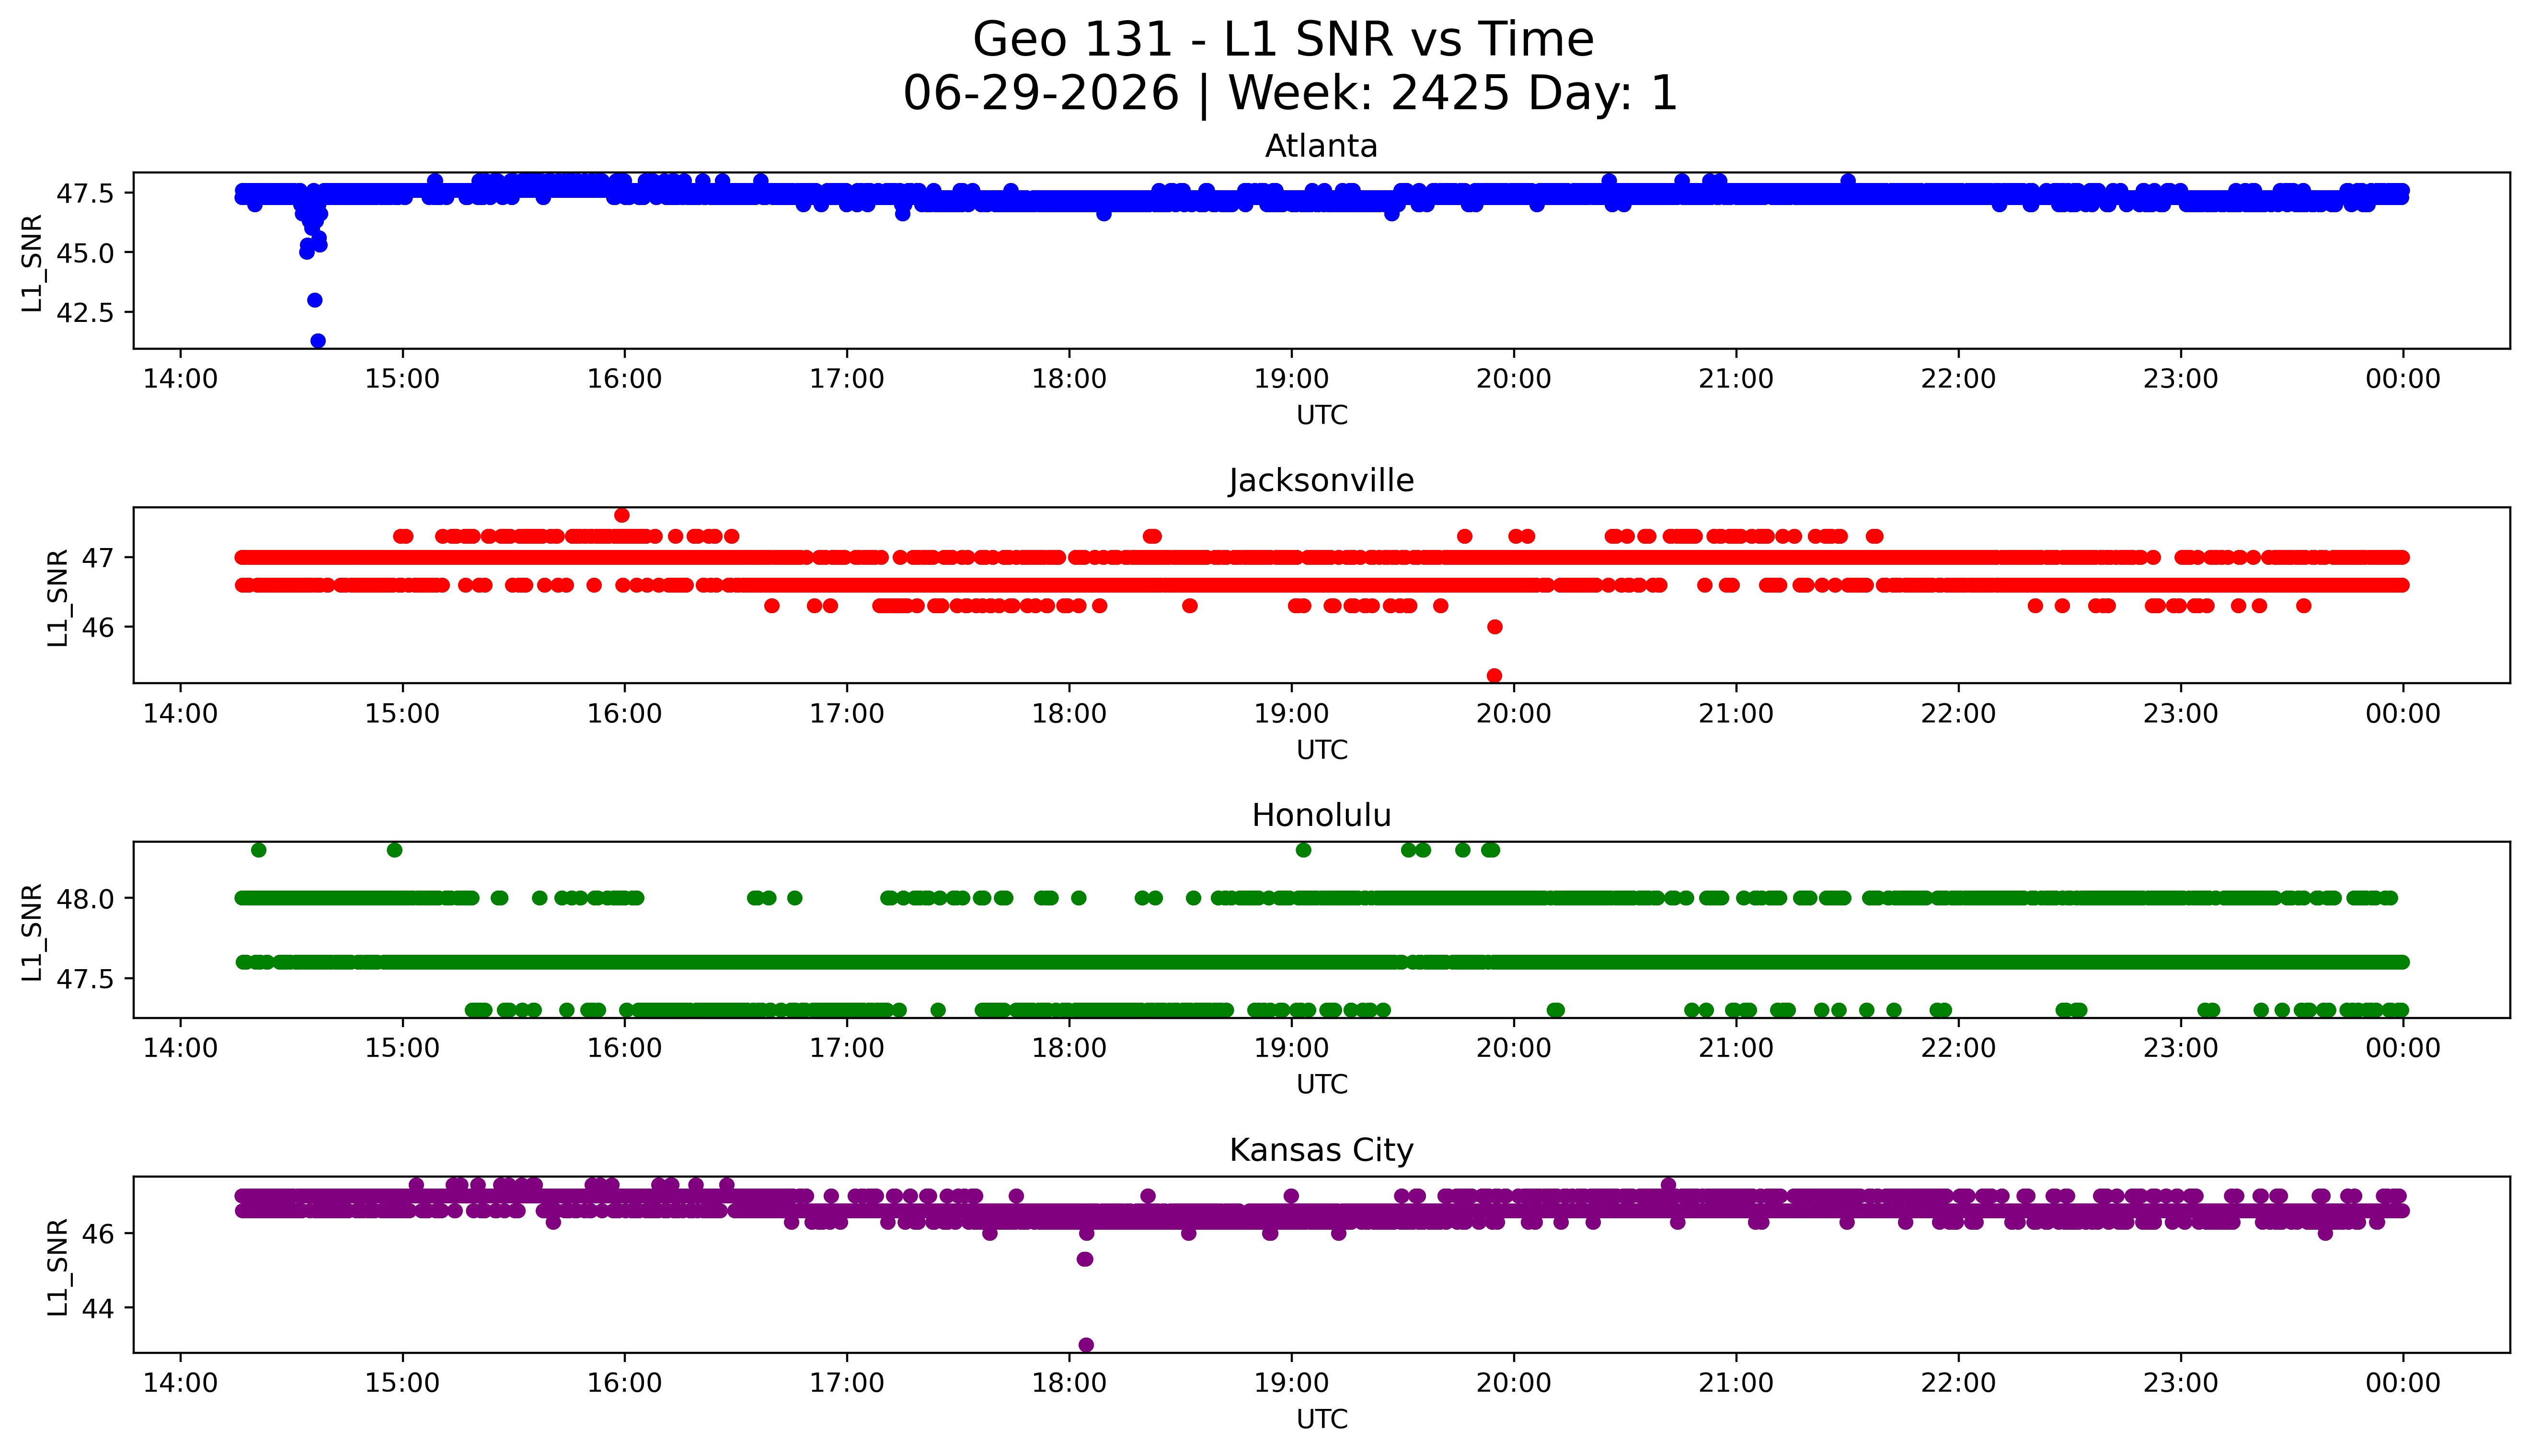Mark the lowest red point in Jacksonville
pyautogui.click(x=1494, y=675)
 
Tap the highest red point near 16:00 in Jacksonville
pyautogui.click(x=622, y=515)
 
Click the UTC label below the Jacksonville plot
pyautogui.click(x=1322, y=750)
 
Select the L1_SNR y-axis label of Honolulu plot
pyautogui.click(x=33, y=932)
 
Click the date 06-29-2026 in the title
pyautogui.click(x=1041, y=94)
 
